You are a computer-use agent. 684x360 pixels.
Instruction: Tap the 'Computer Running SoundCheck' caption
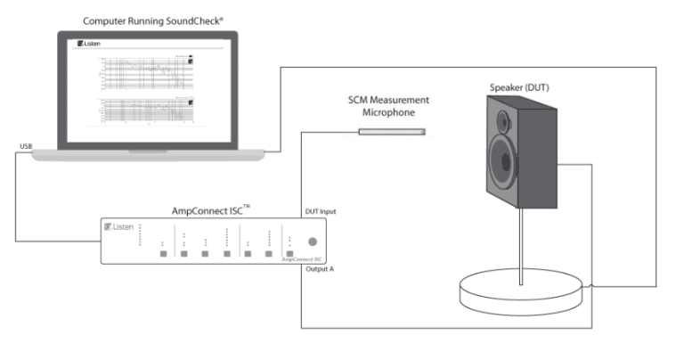click(147, 20)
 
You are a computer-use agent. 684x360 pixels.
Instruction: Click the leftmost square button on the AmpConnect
click(162, 254)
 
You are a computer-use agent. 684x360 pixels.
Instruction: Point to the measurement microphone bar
click(392, 132)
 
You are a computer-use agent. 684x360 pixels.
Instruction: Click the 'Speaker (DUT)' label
click(521, 87)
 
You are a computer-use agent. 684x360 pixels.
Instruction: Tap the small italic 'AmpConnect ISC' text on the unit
click(300, 259)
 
